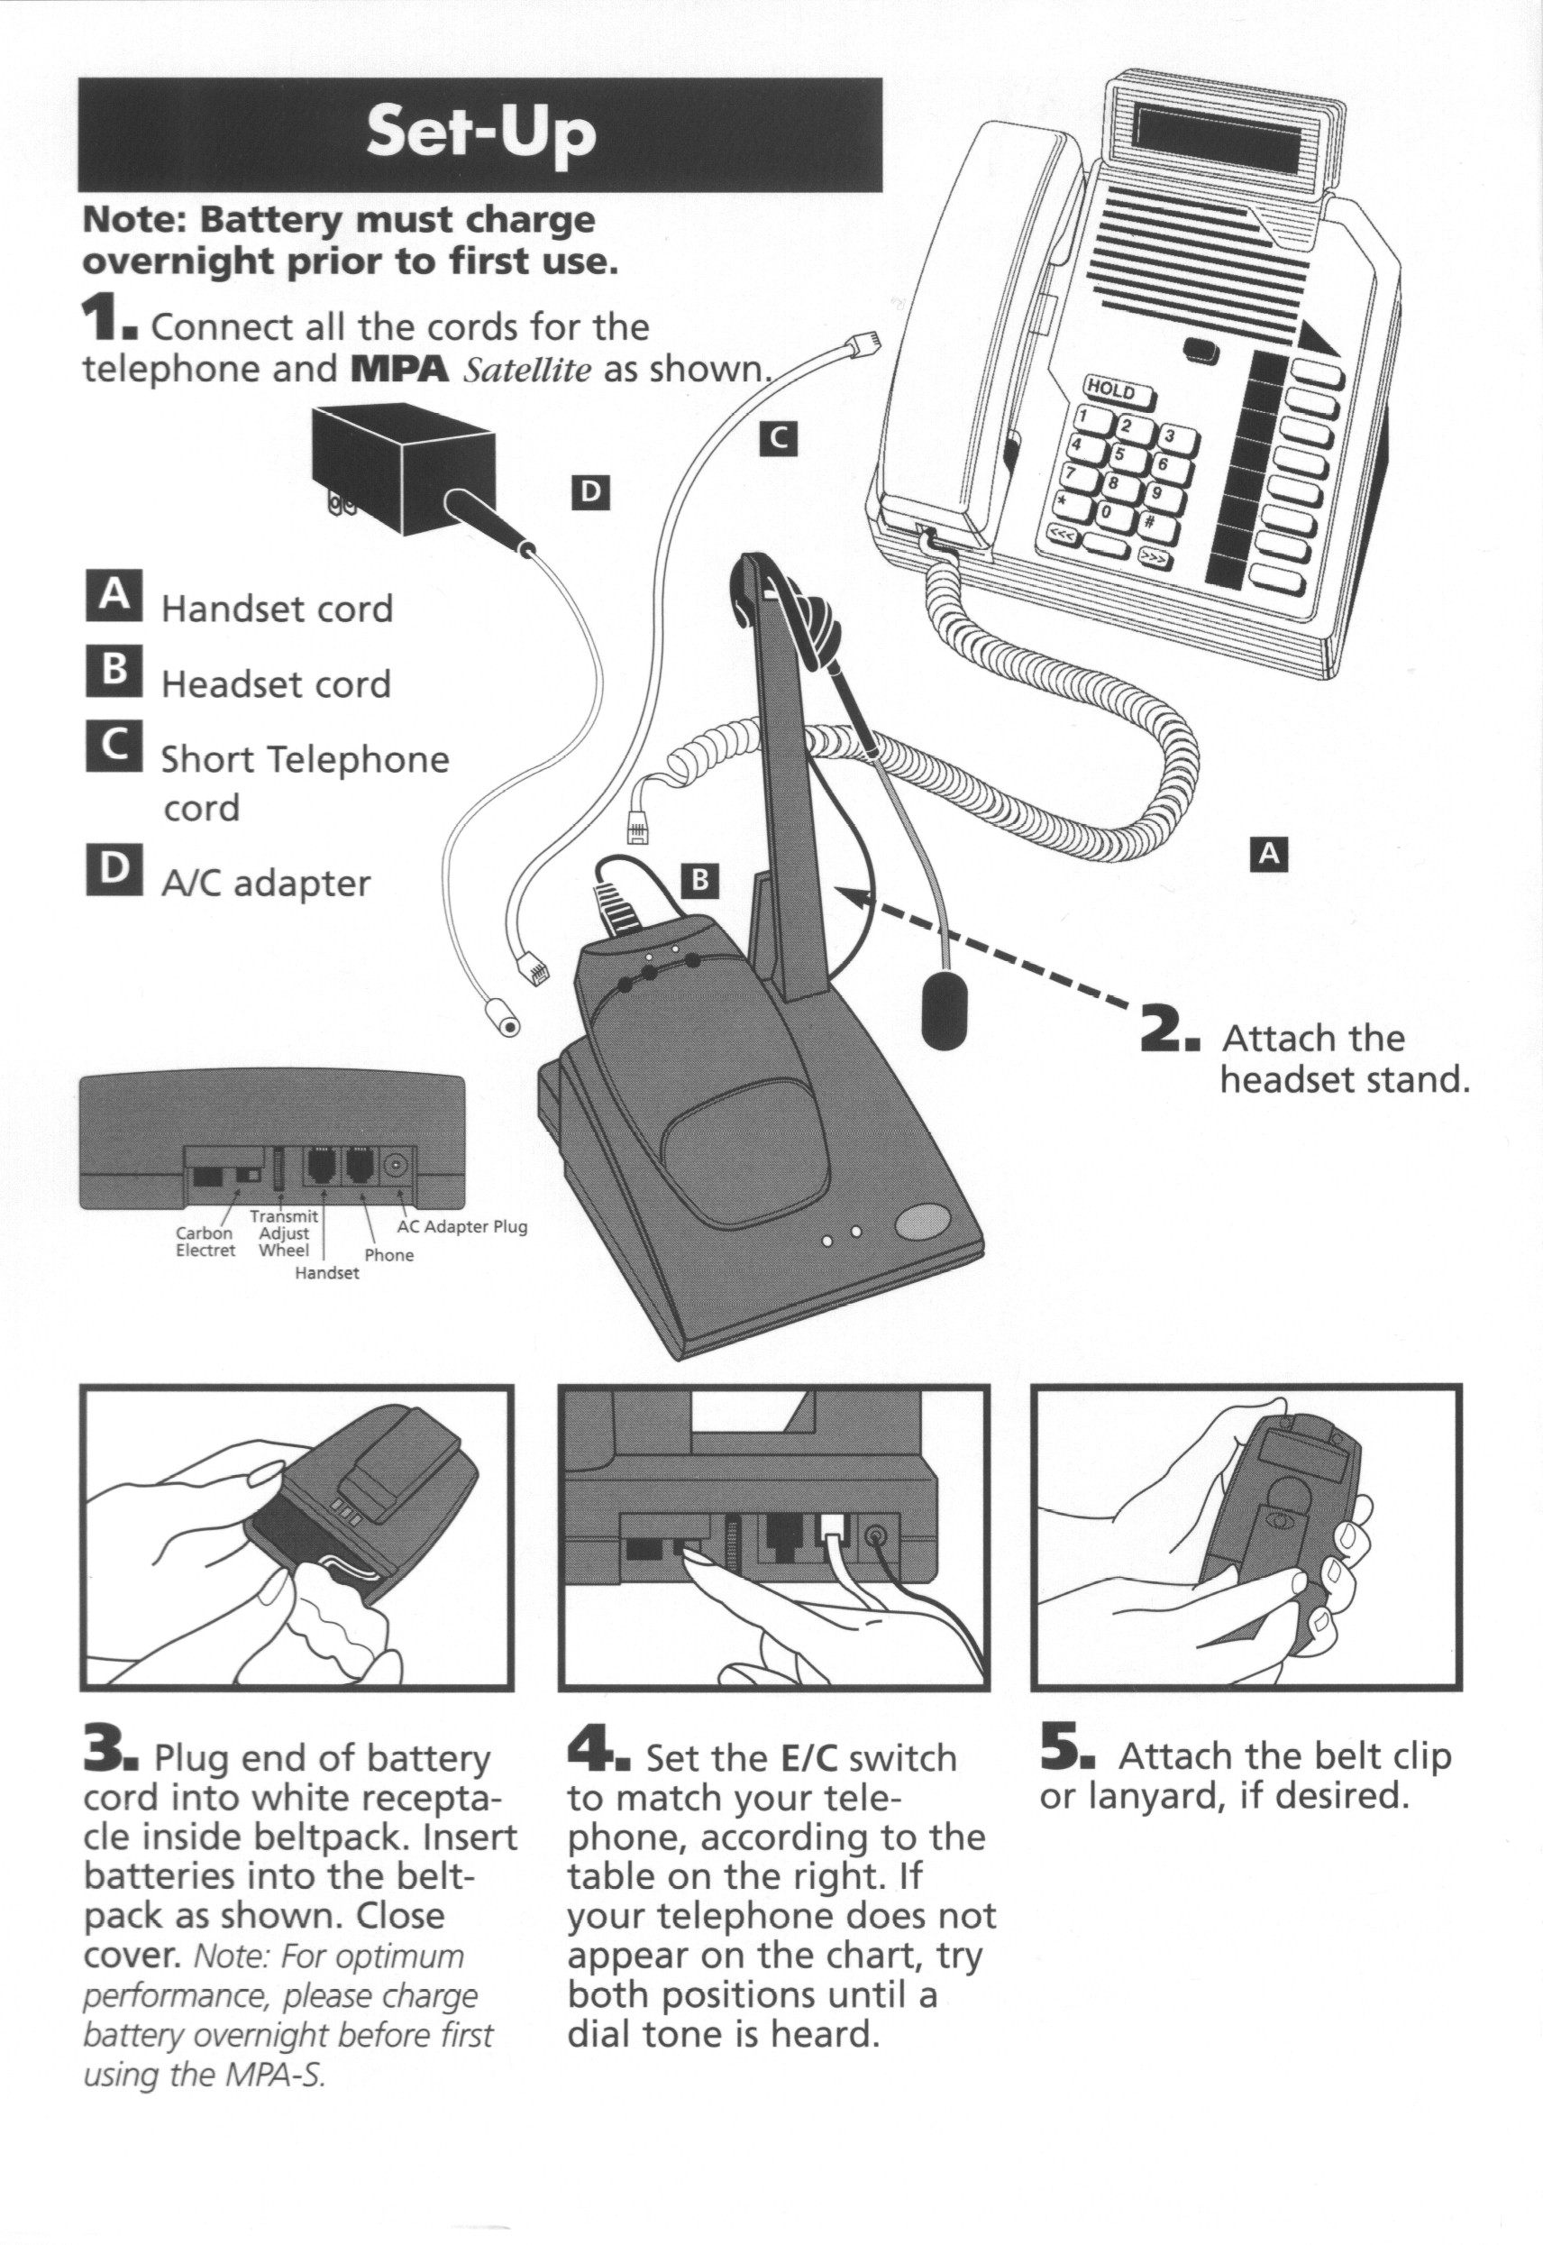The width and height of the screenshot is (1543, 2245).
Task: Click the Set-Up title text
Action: (479, 133)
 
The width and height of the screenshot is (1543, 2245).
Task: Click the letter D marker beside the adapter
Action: (589, 493)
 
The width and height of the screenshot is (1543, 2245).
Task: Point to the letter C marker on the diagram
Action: (779, 439)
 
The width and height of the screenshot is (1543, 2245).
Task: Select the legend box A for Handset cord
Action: (114, 594)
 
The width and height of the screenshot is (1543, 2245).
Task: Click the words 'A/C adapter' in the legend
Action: (266, 884)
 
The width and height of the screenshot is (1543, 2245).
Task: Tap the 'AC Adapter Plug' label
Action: (462, 1226)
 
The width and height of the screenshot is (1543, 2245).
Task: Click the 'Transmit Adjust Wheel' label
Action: (284, 1232)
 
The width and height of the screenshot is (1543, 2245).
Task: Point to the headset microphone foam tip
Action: (944, 1008)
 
